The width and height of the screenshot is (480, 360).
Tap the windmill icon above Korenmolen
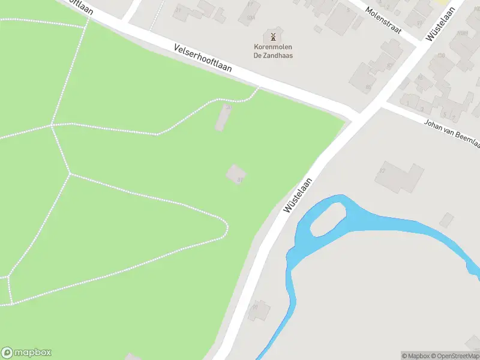pyautogui.click(x=273, y=37)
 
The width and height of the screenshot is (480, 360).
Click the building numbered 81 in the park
pyautogui.click(x=236, y=175)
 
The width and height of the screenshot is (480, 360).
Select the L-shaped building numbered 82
pyautogui.click(x=399, y=176)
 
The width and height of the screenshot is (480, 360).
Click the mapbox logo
pyautogui.click(x=26, y=353)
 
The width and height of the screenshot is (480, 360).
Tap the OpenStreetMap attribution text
pyautogui.click(x=454, y=356)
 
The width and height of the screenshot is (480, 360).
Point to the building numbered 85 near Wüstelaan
pyautogui.click(x=362, y=77)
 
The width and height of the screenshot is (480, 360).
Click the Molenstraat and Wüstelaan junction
pyautogui.click(x=420, y=45)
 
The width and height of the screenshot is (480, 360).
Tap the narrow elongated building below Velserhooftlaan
pyautogui.click(x=223, y=118)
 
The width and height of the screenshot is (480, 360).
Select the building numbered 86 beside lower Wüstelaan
pyautogui.click(x=260, y=309)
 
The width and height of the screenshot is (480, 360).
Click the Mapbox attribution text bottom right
pyautogui.click(x=416, y=356)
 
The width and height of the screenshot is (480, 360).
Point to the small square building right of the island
pyautogui.click(x=446, y=220)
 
